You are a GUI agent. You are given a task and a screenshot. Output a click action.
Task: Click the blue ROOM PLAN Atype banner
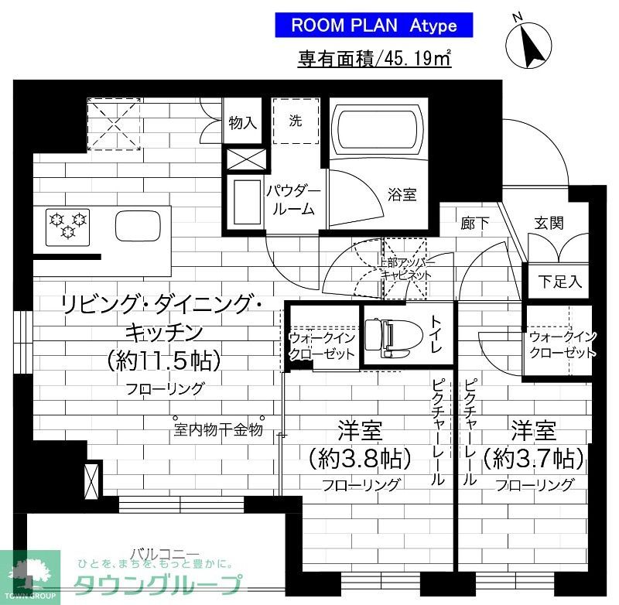(374, 25)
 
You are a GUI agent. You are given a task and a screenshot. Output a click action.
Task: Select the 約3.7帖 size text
(534, 459)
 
